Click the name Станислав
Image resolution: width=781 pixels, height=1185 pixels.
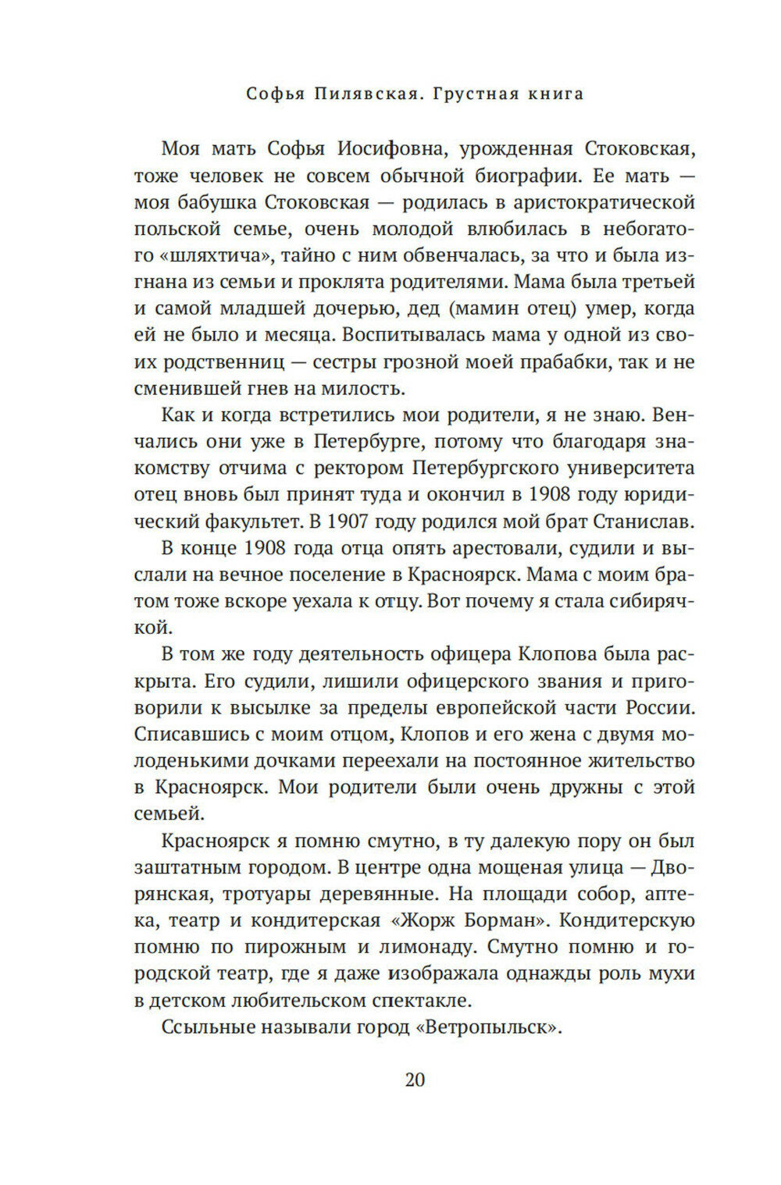coord(633,521)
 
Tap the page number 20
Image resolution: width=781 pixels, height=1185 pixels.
coord(415,1080)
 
